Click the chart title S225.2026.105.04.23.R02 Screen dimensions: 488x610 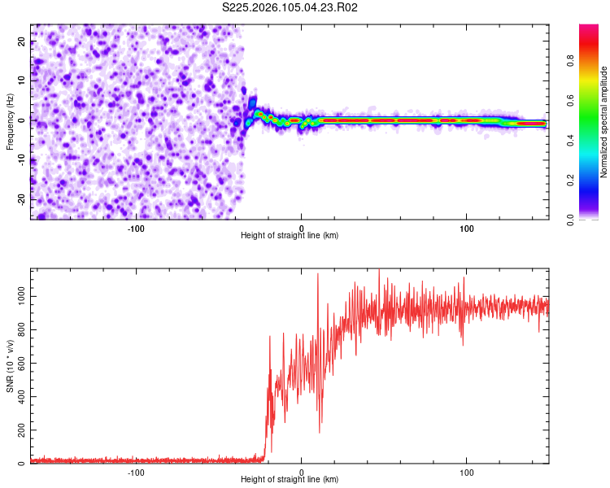[x=290, y=7]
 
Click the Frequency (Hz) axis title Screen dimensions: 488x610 [x=10, y=122]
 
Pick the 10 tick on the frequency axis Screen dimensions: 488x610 [x=22, y=81]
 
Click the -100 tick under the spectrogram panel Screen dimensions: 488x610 [x=136, y=228]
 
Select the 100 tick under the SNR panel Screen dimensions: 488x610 [x=467, y=473]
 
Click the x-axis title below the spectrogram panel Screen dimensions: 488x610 [x=290, y=236]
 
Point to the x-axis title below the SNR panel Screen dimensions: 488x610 [x=290, y=481]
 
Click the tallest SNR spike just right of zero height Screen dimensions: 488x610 [x=317, y=274]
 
